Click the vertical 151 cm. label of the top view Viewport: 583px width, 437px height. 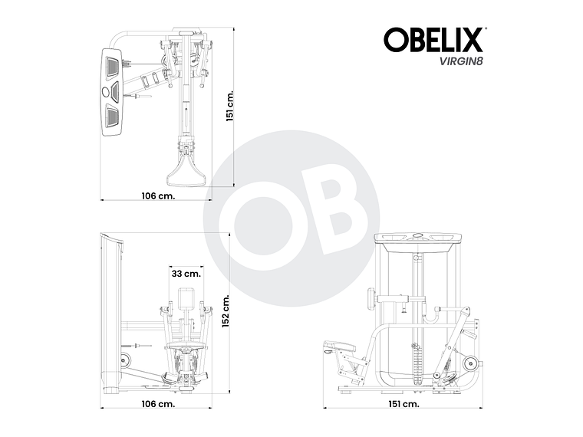pyautogui.click(x=229, y=107)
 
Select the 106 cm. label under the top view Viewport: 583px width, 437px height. pyautogui.click(x=158, y=195)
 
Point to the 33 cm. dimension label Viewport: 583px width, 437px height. pyautogui.click(x=186, y=273)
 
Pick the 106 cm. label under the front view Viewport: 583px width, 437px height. pyautogui.click(x=158, y=403)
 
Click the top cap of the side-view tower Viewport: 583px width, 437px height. pyautogui.click(x=418, y=237)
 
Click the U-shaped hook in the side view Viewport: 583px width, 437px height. pyautogui.click(x=434, y=314)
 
